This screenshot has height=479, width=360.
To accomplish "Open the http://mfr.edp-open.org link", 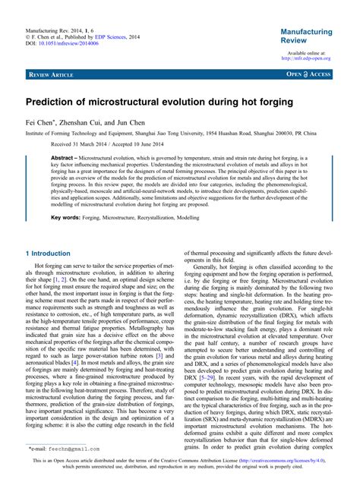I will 305,58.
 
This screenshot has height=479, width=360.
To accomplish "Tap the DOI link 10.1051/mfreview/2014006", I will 69,43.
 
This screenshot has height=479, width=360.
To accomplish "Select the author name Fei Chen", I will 42,121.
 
